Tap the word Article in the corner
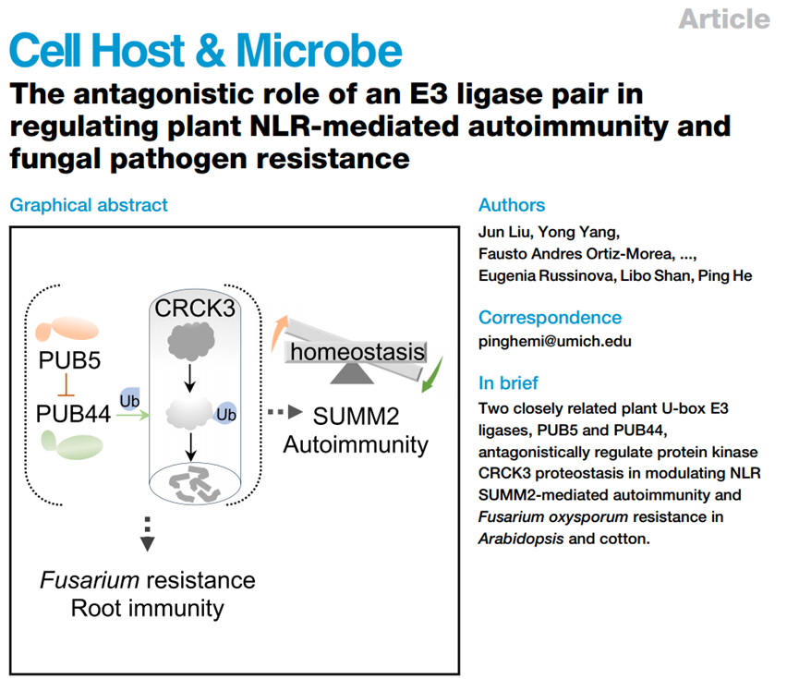click(x=723, y=18)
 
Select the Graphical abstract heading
click(x=89, y=204)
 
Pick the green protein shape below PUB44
click(x=69, y=446)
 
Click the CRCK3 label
click(x=194, y=309)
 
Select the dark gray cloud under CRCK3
click(x=190, y=342)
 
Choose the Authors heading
click(x=512, y=205)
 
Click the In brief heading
click(x=508, y=382)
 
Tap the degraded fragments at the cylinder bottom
click(x=192, y=484)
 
